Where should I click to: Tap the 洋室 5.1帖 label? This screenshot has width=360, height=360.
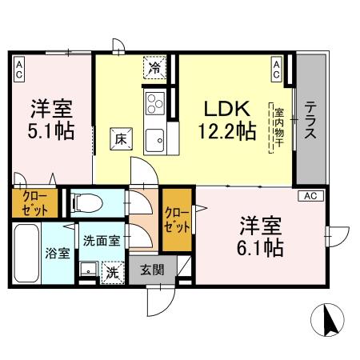[x=53, y=118]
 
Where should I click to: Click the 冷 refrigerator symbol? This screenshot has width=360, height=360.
[x=156, y=67]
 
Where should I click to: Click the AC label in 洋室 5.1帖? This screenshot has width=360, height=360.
[x=17, y=69]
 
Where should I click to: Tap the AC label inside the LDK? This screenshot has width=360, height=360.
[x=275, y=69]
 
